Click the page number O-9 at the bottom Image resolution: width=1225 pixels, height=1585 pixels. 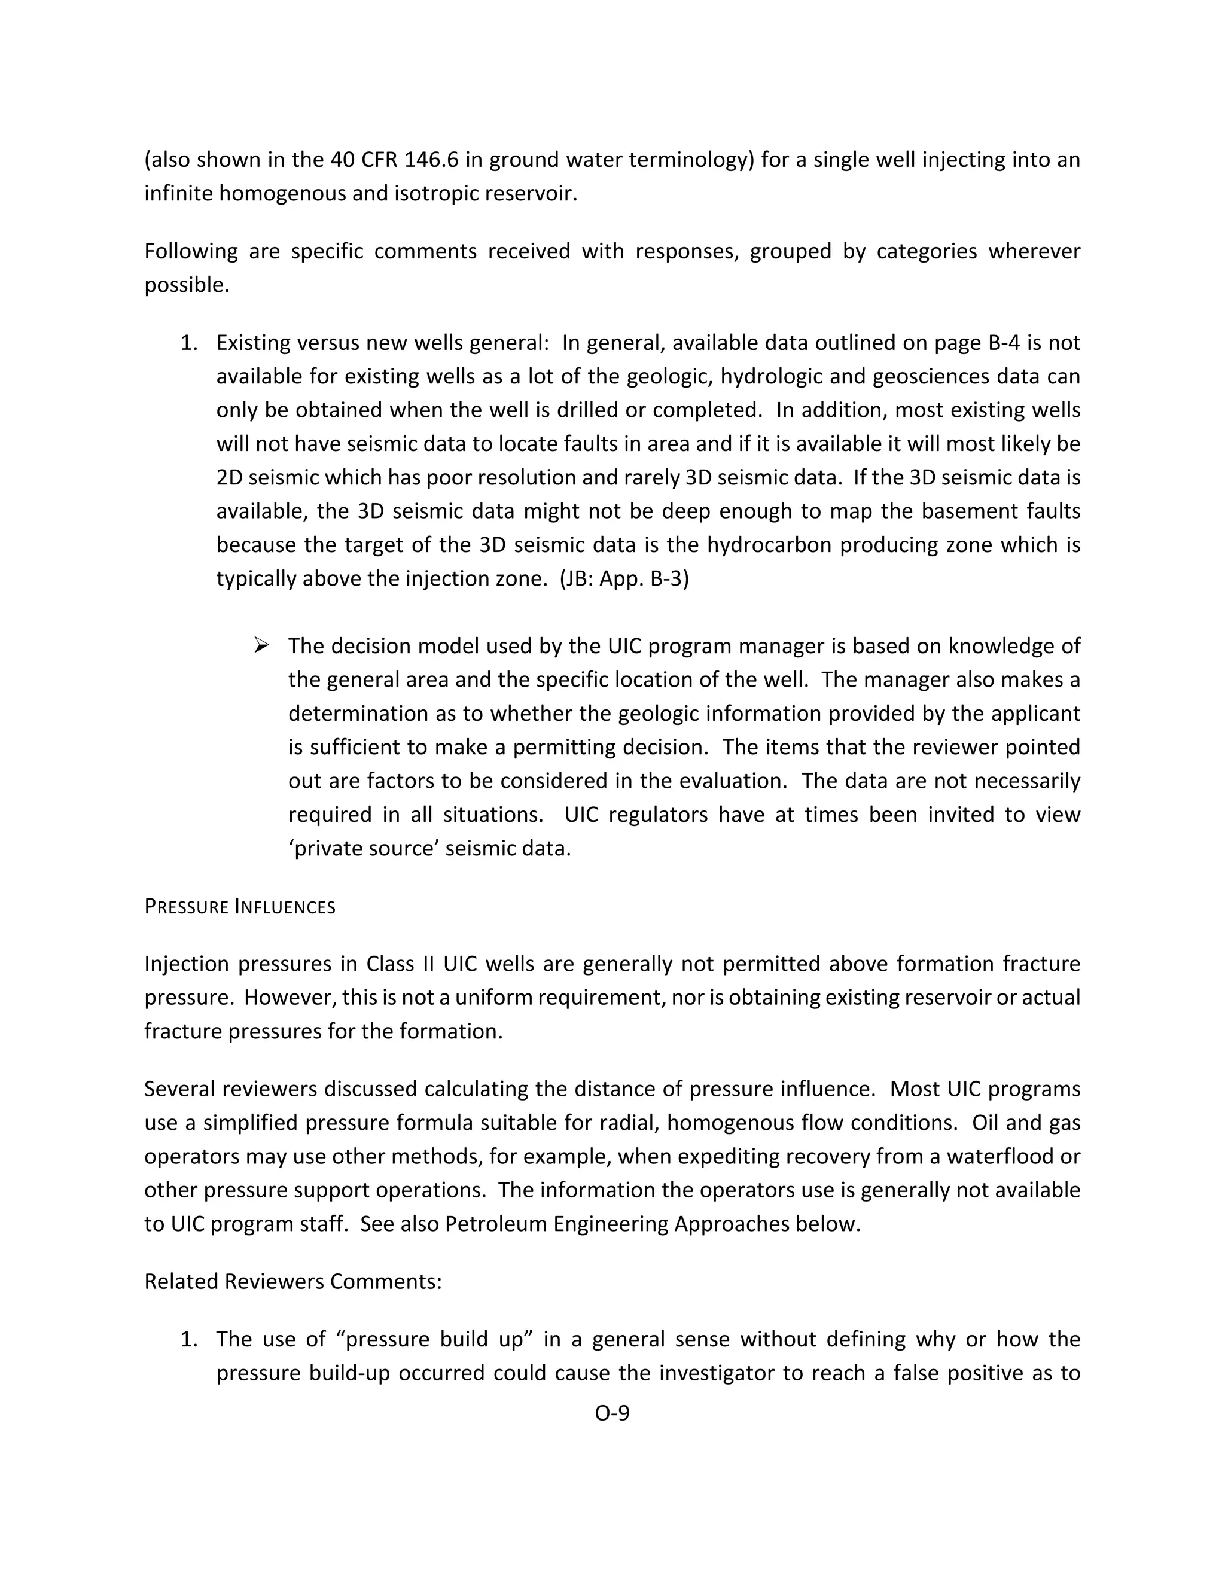pyautogui.click(x=612, y=1413)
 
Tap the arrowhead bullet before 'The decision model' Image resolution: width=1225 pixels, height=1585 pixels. pyautogui.click(x=261, y=644)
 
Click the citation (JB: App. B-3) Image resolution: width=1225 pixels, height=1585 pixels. pyautogui.click(x=624, y=578)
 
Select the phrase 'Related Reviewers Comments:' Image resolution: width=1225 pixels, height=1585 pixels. pyautogui.click(x=292, y=1281)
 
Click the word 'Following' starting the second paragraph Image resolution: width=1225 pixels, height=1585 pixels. pyautogui.click(x=191, y=251)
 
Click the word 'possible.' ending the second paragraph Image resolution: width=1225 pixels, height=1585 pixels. pyautogui.click(x=187, y=285)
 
